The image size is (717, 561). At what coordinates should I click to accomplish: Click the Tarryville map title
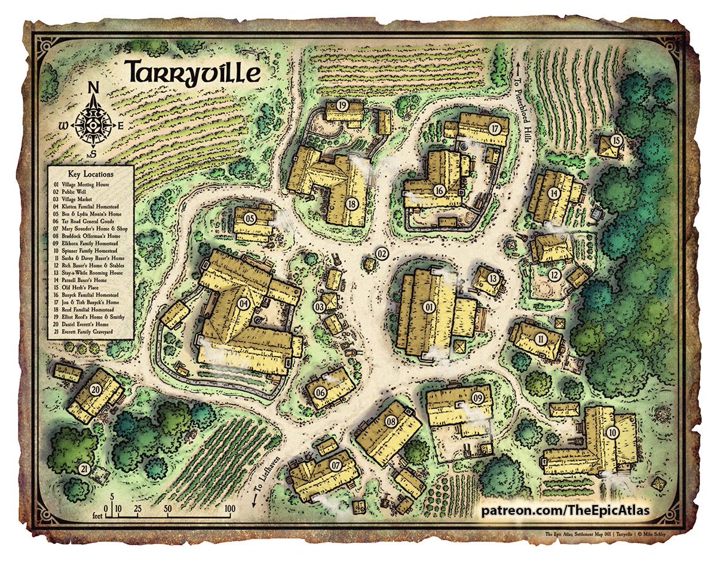pos(192,72)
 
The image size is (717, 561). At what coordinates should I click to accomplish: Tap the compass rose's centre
pos(93,125)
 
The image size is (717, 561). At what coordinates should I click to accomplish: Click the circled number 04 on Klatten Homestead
pos(243,304)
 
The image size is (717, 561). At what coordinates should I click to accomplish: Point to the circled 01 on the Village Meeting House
pos(429,307)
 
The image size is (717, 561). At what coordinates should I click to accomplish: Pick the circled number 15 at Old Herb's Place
pos(615,141)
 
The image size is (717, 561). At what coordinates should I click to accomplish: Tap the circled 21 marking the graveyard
pos(84,468)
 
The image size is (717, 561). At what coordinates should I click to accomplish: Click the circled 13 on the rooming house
pos(493,278)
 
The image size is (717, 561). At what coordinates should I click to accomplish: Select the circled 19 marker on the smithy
pos(342,105)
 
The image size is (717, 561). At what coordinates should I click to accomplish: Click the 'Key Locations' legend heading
pos(90,173)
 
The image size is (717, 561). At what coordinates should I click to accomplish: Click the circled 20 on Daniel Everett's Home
pos(96,389)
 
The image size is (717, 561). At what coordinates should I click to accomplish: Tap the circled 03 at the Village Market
pos(320,307)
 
